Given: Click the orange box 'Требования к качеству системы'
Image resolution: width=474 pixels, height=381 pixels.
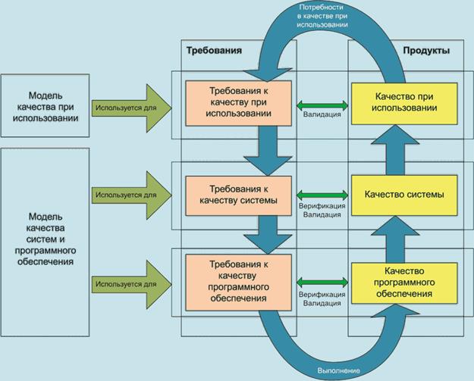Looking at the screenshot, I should pyautogui.click(x=238, y=195).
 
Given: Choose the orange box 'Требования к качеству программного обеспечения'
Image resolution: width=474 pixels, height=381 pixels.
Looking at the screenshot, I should pyautogui.click(x=238, y=281).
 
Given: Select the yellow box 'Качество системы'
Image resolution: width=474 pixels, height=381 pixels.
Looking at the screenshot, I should pyautogui.click(x=405, y=195).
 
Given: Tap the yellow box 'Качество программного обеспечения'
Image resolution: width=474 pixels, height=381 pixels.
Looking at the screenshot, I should pyautogui.click(x=405, y=281).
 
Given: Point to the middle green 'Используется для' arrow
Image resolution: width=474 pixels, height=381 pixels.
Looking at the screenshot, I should pyautogui.click(x=130, y=195).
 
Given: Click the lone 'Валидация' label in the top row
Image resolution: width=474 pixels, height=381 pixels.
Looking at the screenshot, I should pyautogui.click(x=321, y=115).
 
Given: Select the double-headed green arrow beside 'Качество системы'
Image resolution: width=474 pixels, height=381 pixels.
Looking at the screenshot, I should pyautogui.click(x=321, y=194).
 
